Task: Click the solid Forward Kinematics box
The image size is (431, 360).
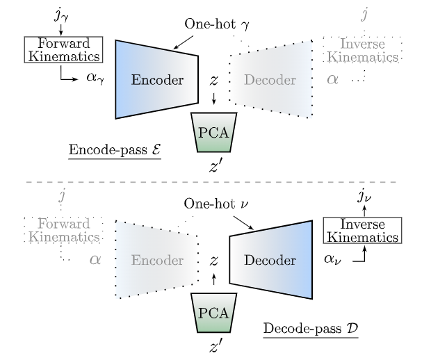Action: click(x=63, y=49)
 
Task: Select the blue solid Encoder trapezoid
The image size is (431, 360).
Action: click(x=156, y=79)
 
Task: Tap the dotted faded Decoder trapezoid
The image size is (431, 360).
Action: click(x=271, y=79)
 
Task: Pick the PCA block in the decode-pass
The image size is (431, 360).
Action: click(x=214, y=312)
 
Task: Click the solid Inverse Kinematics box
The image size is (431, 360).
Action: click(x=362, y=231)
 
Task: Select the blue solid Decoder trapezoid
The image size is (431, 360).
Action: click(x=270, y=260)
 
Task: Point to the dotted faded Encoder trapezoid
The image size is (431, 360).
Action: click(x=156, y=260)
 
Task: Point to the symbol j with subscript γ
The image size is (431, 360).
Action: click(x=60, y=15)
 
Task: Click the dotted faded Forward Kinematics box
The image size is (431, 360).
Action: click(x=63, y=230)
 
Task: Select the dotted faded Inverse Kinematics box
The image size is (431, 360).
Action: click(x=362, y=49)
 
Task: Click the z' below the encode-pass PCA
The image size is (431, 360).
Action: click(x=215, y=167)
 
